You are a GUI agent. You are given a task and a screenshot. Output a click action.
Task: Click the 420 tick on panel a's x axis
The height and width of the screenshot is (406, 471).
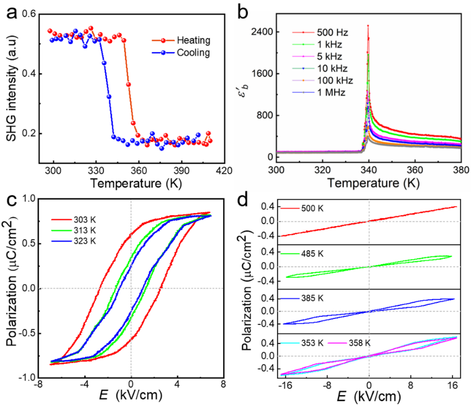coord(224,171)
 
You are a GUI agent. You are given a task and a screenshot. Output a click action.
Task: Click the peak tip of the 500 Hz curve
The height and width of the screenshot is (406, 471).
coord(368,25)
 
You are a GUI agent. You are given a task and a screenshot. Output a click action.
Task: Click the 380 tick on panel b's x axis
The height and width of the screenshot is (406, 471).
coord(461,171)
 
